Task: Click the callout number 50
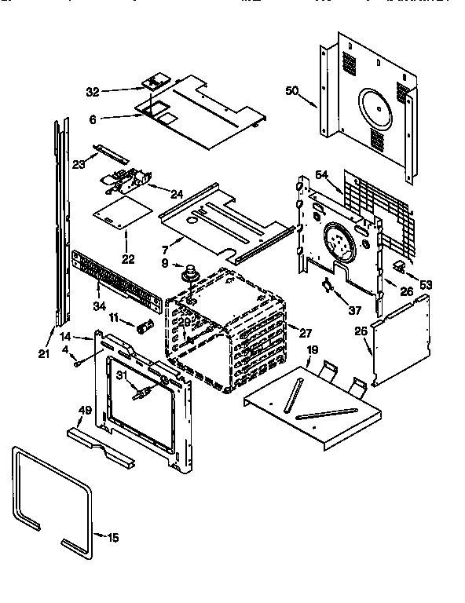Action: [291, 92]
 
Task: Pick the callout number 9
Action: [166, 263]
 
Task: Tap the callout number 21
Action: [43, 354]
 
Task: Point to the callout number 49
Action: [85, 410]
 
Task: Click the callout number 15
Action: [113, 538]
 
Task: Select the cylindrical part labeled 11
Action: [144, 326]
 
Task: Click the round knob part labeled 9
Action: [189, 274]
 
